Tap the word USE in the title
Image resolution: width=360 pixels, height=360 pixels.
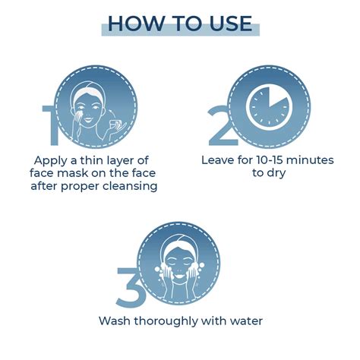tap(231, 24)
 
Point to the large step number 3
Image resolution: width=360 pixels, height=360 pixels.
tap(130, 288)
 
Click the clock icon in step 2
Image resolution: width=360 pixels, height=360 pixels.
tap(269, 107)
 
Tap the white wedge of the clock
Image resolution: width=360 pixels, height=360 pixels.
tap(279, 96)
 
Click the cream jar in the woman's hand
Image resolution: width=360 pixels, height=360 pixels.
tap(115, 125)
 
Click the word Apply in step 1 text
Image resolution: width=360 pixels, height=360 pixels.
tap(51, 161)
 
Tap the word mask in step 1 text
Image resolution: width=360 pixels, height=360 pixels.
tap(72, 173)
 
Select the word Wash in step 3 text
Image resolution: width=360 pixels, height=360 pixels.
tap(115, 321)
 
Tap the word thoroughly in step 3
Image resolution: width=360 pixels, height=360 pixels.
tap(166, 321)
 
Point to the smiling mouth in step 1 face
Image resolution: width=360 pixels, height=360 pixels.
tap(88, 118)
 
